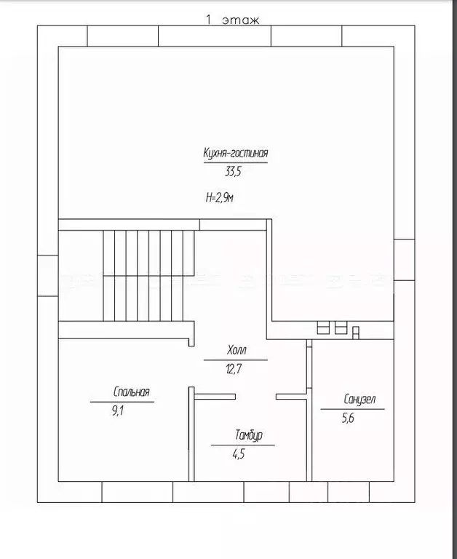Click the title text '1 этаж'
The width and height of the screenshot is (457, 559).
pos(232,20)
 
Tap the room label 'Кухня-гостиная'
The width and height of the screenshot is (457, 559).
pos(236,154)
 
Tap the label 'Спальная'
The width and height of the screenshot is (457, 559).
pos(132,392)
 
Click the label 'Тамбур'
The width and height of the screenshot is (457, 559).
pos(248,435)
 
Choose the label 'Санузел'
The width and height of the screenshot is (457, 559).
pos(359,399)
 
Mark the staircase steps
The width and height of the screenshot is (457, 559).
pos(148,276)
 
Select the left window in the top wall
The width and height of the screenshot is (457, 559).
pos(122,35)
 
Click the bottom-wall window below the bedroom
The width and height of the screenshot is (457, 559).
pos(137,491)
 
